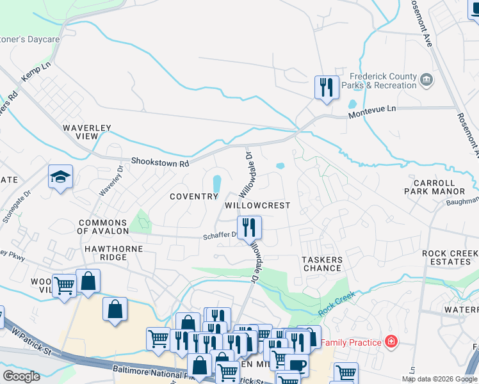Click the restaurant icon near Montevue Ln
pos(327,86)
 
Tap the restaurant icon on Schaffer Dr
pos(248,227)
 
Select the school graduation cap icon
pos(60,177)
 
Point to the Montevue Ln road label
pos(372,109)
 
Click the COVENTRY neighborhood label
pos(194,196)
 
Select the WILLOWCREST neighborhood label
pos(257,206)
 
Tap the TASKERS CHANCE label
pos(322,264)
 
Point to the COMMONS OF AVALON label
pos(103,227)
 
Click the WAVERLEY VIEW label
pos(86,132)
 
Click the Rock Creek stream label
pos(336,306)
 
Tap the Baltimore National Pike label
pos(150,370)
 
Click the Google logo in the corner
pos(21,376)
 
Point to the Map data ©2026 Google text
pos(439,379)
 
